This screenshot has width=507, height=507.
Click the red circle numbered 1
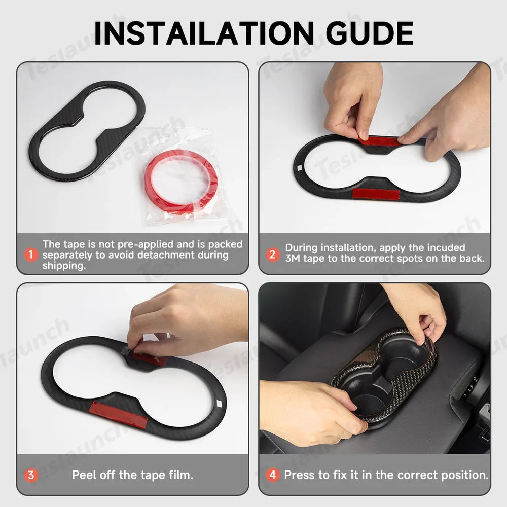tap(31, 255)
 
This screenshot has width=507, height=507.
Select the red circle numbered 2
tap(272, 255)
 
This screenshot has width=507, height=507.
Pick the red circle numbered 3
tap(31, 475)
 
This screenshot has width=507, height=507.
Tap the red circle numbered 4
tap(273, 475)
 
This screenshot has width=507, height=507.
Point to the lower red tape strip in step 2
tap(375, 193)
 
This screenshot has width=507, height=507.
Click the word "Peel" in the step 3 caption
tap(84, 475)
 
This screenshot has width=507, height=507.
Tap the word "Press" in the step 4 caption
tap(299, 475)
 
